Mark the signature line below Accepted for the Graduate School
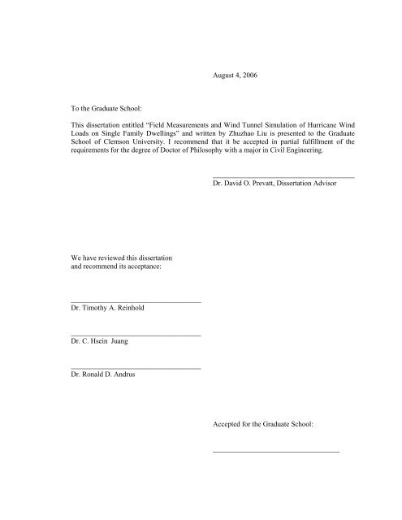(274, 451)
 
